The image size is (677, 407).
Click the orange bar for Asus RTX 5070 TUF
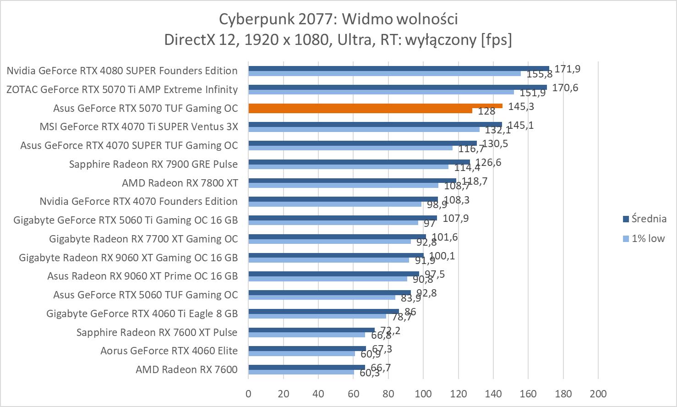tap(376, 106)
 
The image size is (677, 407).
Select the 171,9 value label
tap(567, 69)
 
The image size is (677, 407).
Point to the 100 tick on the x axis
tap(423, 394)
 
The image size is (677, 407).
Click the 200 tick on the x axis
tap(598, 394)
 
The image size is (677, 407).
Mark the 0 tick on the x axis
tap(248, 394)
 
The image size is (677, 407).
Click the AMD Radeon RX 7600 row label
tap(186, 369)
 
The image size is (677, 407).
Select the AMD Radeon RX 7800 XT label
tap(180, 183)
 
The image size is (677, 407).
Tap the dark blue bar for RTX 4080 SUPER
tap(399, 68)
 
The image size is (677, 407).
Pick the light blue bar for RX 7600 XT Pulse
tap(306, 335)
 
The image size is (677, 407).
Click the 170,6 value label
tap(565, 88)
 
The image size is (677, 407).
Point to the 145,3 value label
tap(521, 106)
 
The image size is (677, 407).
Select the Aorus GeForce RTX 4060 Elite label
tap(169, 351)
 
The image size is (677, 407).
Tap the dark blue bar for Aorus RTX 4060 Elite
tap(307, 349)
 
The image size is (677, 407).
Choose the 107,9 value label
tap(455, 218)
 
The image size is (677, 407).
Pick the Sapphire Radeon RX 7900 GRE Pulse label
tap(153, 164)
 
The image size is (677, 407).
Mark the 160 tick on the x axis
tap(528, 394)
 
